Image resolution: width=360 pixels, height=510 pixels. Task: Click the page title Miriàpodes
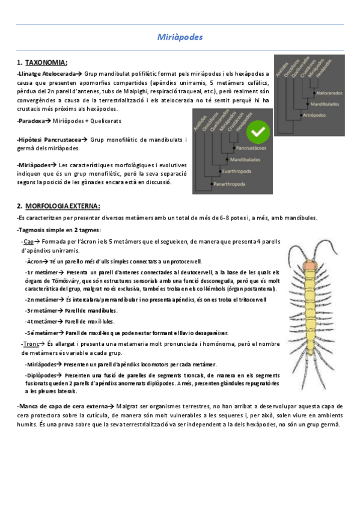click(180, 37)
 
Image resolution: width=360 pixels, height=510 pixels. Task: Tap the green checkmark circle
click(259, 129)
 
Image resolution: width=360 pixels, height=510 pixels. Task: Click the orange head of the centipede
click(310, 264)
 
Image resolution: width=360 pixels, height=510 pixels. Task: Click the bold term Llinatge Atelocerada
click(46, 73)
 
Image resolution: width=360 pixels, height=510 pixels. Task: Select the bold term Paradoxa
click(31, 121)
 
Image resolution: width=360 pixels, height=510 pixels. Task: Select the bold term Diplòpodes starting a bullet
click(41, 375)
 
